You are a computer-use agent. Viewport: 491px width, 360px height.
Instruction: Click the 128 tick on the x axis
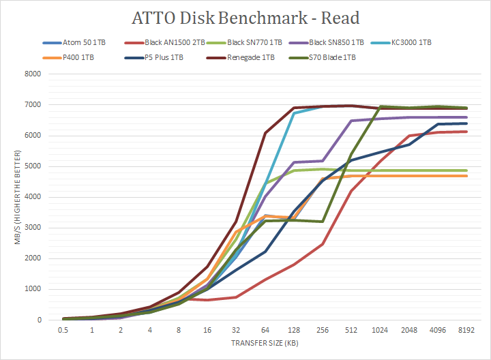[294, 329]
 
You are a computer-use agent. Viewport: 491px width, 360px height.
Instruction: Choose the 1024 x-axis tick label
[379, 329]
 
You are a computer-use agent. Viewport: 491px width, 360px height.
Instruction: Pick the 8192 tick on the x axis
[465, 329]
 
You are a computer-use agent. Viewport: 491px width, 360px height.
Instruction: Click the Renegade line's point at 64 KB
[265, 133]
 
